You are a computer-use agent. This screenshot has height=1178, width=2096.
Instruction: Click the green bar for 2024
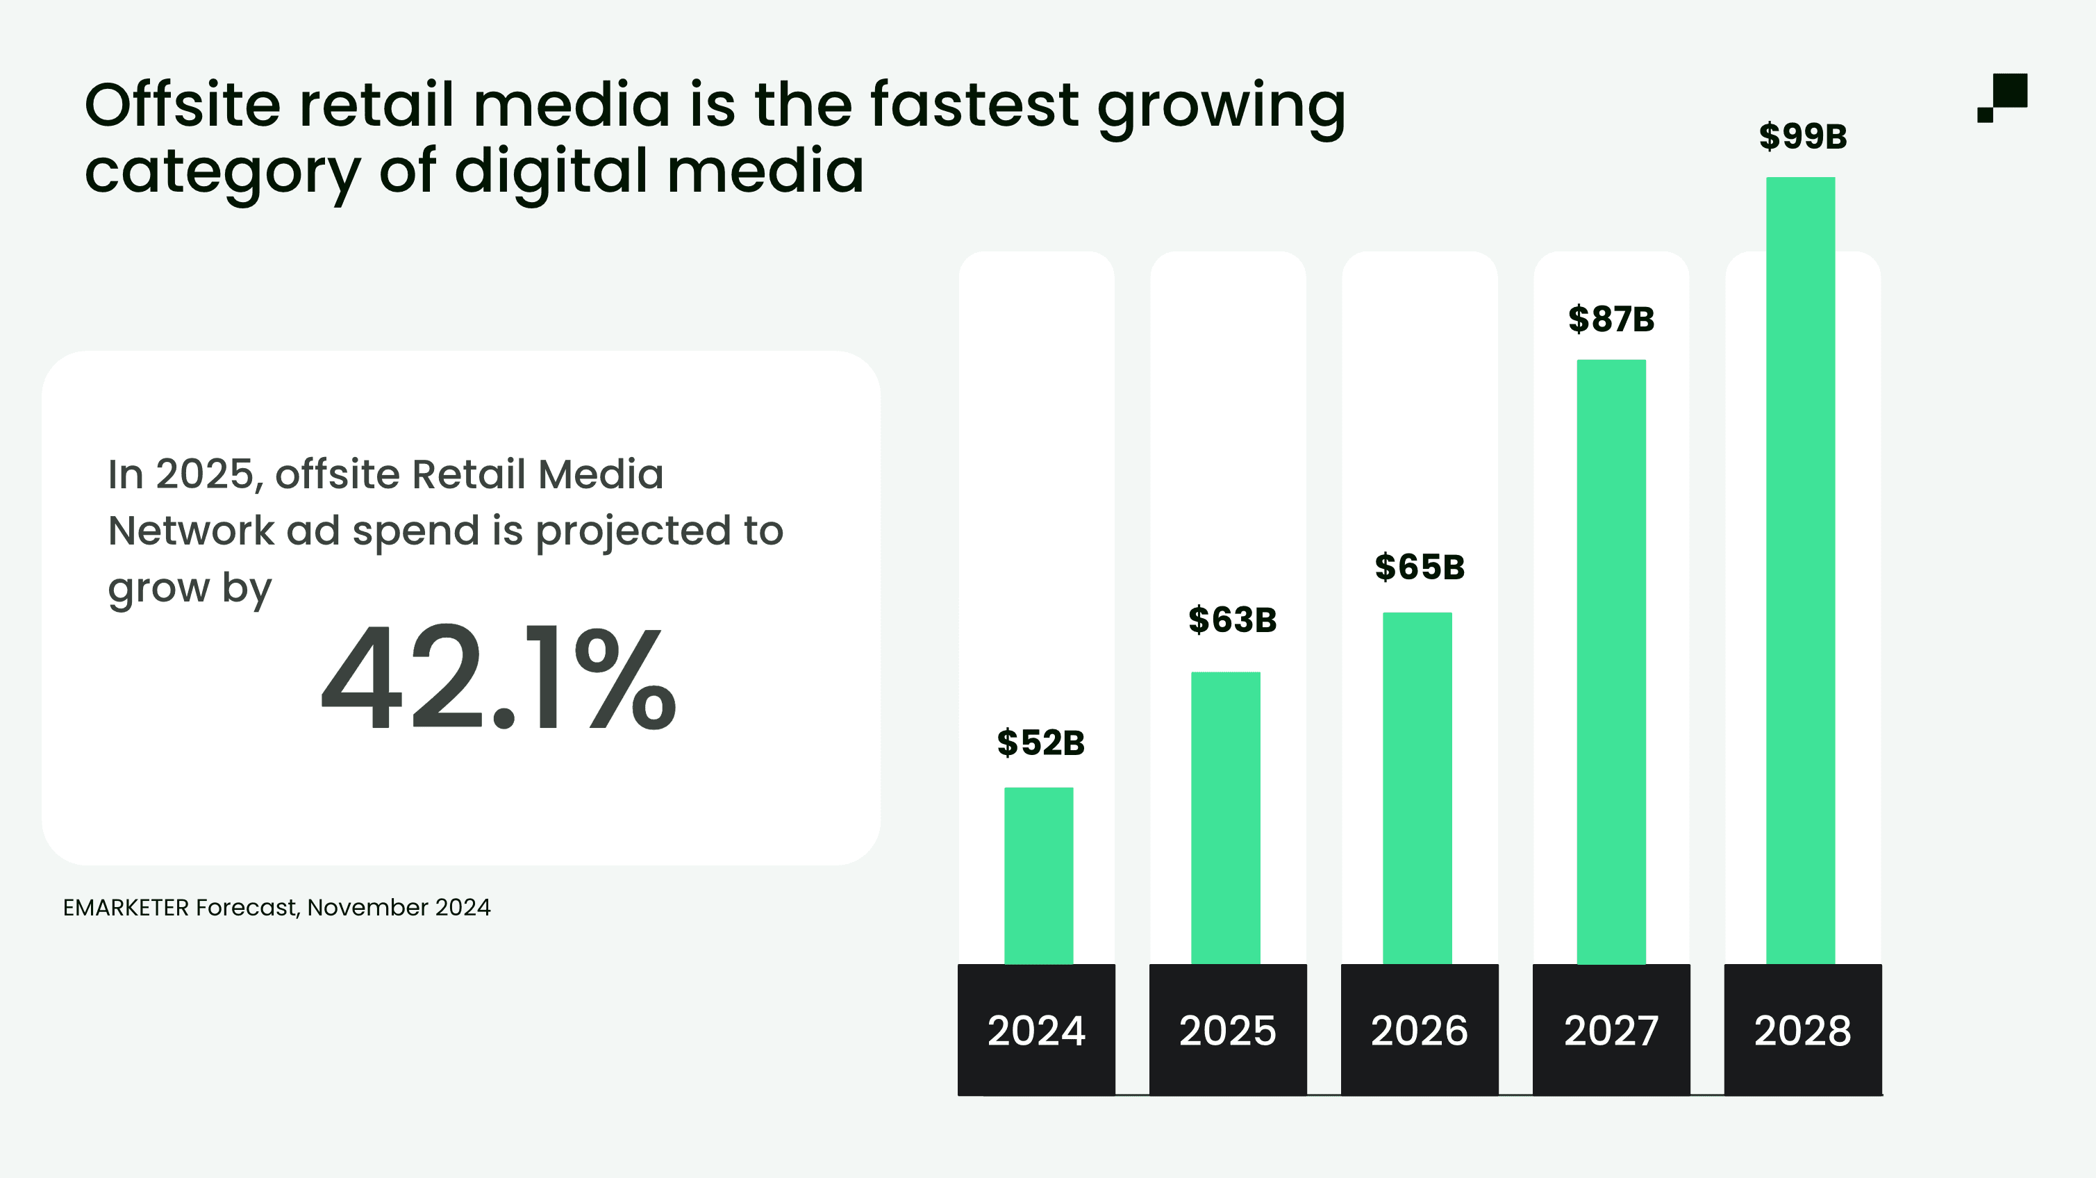tap(1038, 875)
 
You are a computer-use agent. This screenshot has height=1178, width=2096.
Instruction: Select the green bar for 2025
tap(1225, 818)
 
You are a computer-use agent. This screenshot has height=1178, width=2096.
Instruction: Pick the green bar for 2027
tap(1611, 661)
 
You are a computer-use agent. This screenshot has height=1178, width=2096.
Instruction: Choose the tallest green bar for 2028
tap(1800, 570)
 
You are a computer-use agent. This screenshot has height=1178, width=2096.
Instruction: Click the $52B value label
tap(1040, 743)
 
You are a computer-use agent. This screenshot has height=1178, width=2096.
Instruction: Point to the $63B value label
tap(1232, 620)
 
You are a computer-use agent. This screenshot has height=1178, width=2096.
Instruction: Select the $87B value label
tap(1611, 319)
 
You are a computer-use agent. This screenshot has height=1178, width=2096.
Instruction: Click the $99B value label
tap(1803, 136)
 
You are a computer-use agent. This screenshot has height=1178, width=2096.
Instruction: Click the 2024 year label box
tap(1035, 1030)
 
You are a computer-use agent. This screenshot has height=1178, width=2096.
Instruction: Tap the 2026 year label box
tap(1419, 1030)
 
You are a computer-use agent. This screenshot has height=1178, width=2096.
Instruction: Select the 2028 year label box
tap(1802, 1030)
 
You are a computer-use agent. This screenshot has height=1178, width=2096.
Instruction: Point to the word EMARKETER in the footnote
tap(125, 907)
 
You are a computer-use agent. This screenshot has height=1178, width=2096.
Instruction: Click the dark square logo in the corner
tap(2003, 97)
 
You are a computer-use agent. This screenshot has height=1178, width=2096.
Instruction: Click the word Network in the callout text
tap(190, 531)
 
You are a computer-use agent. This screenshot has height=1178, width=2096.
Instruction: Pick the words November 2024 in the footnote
tap(399, 907)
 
